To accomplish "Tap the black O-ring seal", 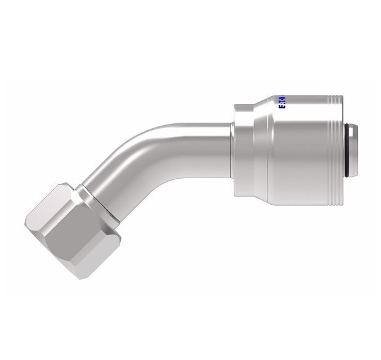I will point(350,150).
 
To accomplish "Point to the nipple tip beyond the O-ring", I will point(354,150).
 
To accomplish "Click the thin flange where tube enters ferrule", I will point(232,151).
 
